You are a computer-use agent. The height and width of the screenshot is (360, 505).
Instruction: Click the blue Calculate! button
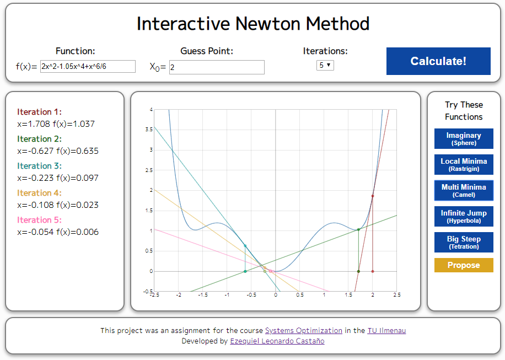tap(438, 61)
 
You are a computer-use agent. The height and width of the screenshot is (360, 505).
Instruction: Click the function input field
tap(88, 67)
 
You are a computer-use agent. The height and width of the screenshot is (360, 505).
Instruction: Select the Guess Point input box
tap(217, 67)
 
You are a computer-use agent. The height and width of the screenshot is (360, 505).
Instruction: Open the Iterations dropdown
tap(325, 65)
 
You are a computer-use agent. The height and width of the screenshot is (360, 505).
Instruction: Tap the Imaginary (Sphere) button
tap(464, 138)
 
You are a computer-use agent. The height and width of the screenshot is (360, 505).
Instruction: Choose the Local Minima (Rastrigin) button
tap(464, 164)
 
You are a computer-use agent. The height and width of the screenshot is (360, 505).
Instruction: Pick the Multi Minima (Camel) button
tap(464, 190)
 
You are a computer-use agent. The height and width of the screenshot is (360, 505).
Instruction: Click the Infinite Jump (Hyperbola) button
tap(464, 216)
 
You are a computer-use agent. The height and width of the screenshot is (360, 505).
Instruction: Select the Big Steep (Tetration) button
tap(464, 242)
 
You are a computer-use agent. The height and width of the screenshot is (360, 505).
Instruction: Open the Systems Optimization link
tap(304, 331)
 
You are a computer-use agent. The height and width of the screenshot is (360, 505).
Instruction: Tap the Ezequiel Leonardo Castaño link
tap(277, 341)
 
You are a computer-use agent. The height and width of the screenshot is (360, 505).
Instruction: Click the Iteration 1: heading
tap(40, 112)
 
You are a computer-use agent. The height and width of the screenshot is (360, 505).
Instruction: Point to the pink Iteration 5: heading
tap(40, 220)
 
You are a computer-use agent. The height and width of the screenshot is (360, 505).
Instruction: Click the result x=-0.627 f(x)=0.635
tap(58, 151)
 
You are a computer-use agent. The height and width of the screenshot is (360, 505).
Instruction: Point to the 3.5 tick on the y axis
tap(149, 130)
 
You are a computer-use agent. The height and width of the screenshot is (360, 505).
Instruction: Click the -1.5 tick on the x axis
tap(202, 295)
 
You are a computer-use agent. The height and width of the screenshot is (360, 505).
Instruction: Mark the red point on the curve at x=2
tap(373, 196)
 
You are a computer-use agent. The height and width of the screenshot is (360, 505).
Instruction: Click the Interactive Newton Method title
tap(253, 24)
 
